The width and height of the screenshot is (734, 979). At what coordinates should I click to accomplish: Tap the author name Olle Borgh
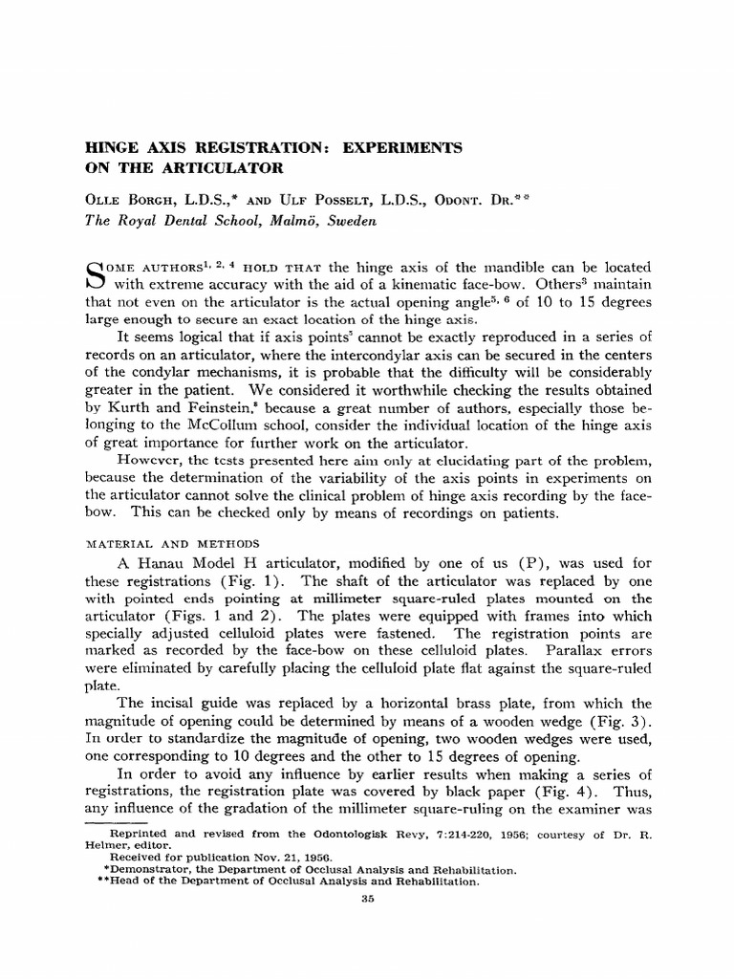coord(125,198)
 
